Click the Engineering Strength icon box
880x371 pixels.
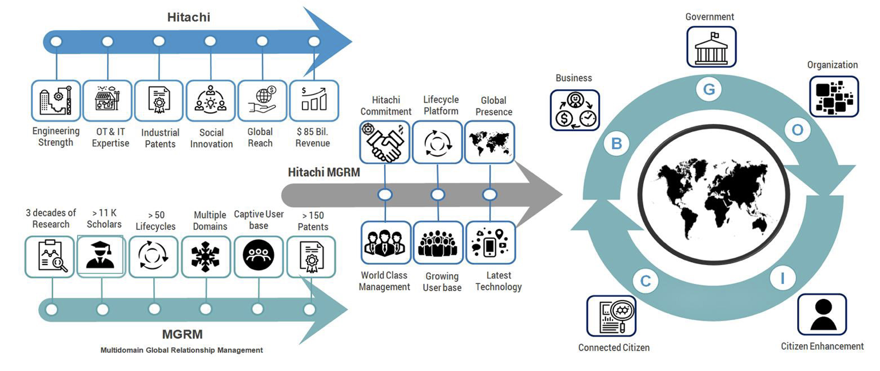(x=56, y=101)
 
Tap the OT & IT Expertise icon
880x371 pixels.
(x=107, y=101)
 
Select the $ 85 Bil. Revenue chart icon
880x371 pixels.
(x=314, y=101)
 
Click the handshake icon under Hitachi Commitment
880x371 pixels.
(x=385, y=141)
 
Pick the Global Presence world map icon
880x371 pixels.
(x=489, y=141)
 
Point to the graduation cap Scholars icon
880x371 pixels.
(x=100, y=256)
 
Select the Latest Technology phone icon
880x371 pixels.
(x=489, y=243)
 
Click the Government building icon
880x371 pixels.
(x=711, y=47)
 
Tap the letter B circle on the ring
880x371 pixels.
(x=616, y=144)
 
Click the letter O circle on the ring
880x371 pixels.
(x=797, y=130)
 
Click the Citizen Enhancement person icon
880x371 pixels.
(x=822, y=314)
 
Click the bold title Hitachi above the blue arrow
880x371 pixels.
(x=189, y=17)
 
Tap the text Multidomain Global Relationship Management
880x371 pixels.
(x=182, y=350)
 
